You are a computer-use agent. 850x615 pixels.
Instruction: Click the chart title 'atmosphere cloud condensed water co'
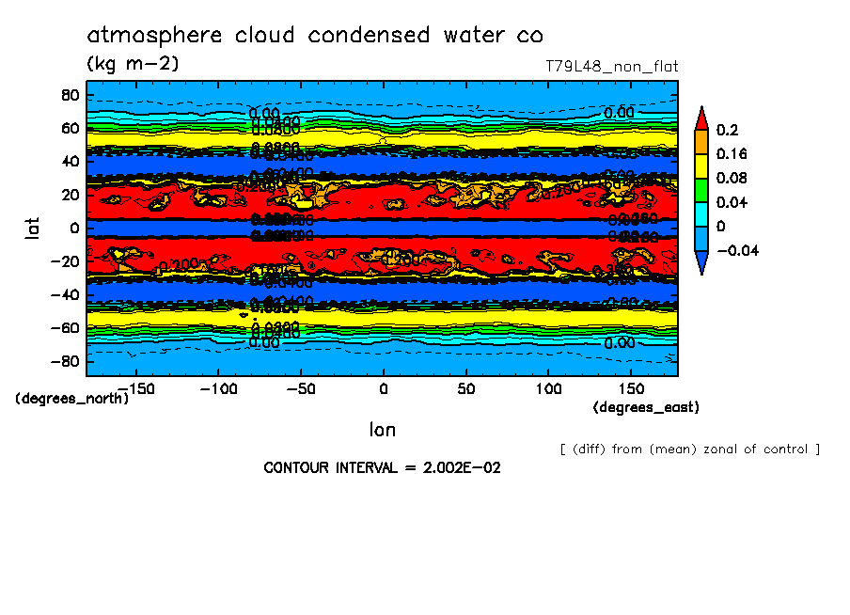click(315, 36)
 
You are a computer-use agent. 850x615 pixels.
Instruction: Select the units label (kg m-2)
click(133, 64)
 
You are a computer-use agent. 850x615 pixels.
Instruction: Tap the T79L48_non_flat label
click(611, 67)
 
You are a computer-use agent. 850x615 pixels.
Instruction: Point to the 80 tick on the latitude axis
click(68, 95)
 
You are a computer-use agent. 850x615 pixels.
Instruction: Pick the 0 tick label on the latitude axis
click(72, 228)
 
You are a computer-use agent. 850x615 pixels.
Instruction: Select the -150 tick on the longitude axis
click(135, 388)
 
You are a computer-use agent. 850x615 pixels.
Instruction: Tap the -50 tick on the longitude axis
click(300, 388)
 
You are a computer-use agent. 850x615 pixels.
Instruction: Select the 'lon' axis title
click(382, 430)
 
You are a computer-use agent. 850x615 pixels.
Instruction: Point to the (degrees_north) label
click(72, 399)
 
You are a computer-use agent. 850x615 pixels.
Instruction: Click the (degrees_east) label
click(646, 407)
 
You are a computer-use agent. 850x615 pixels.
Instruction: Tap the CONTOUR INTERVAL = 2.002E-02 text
click(382, 467)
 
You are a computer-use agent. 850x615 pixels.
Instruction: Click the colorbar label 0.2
click(726, 130)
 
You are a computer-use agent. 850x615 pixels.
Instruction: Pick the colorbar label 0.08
click(732, 179)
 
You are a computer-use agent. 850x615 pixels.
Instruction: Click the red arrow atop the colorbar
click(700, 117)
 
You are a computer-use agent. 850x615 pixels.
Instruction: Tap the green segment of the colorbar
click(700, 190)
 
